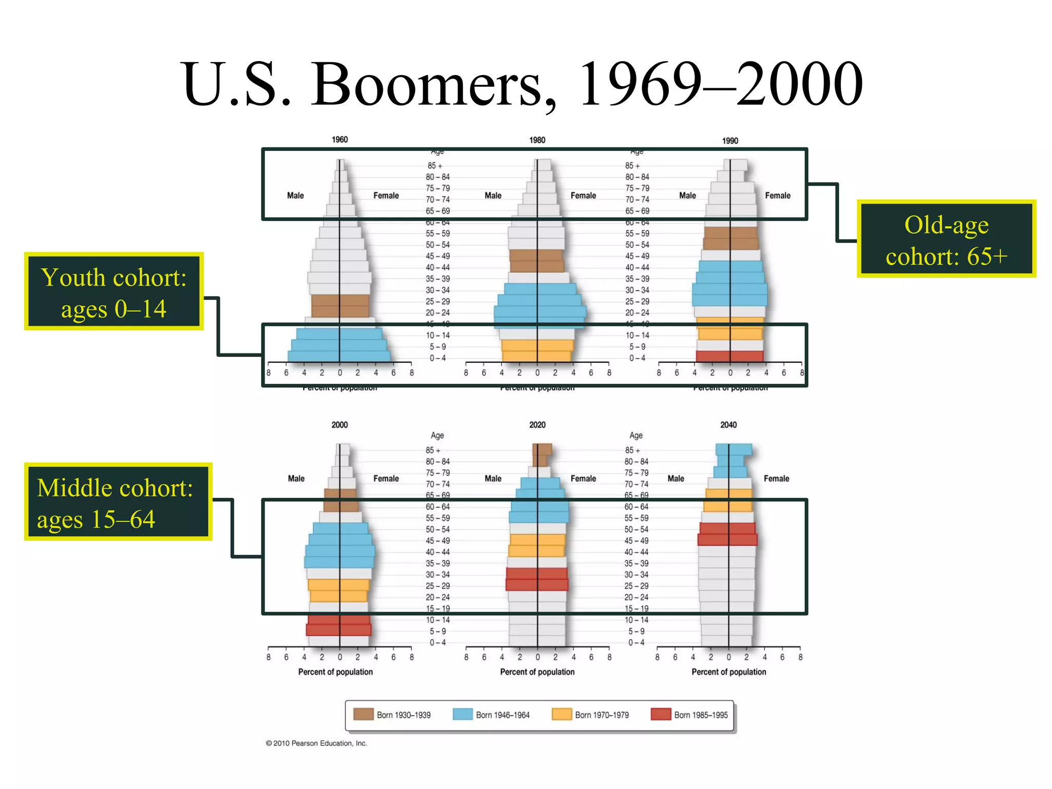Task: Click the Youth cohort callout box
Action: (114, 291)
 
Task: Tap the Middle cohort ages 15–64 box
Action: (118, 502)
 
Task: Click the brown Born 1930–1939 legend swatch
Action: (363, 714)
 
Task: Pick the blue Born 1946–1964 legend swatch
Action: (462, 714)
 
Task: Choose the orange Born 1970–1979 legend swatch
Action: (561, 714)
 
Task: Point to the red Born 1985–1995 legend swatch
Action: (661, 714)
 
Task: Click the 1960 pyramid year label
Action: (340, 140)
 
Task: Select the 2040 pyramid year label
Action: (728, 425)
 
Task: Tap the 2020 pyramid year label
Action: (537, 425)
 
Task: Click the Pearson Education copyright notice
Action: (316, 743)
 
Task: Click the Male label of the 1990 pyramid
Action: (687, 196)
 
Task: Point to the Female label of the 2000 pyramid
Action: (386, 479)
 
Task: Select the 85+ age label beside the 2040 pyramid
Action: (632, 450)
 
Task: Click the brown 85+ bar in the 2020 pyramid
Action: (542, 449)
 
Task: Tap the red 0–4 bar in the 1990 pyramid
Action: (729, 356)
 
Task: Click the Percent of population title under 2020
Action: (537, 672)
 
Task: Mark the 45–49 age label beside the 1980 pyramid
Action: (438, 256)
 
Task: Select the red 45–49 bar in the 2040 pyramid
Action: (727, 539)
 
